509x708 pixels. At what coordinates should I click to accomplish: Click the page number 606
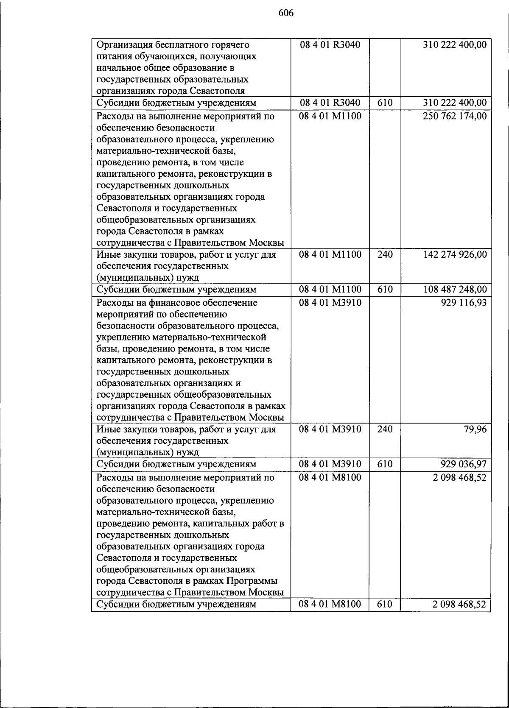coord(286,13)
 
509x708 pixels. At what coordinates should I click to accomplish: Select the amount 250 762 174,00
coord(455,116)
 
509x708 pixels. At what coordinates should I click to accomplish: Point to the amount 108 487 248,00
coord(455,290)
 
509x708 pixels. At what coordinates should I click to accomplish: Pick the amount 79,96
coord(475,429)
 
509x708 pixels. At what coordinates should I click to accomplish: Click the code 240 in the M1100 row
coord(385,255)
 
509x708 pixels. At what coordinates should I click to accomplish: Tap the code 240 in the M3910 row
coord(385,429)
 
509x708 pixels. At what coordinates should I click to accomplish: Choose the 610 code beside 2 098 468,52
coord(385,604)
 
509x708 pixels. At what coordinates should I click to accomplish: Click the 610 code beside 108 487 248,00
coord(385,290)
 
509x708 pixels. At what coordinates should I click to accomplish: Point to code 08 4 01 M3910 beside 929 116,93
coord(330,303)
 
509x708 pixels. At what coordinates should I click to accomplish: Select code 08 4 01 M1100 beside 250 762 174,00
coord(330,116)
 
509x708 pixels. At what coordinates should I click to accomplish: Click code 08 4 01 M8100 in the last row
coord(330,604)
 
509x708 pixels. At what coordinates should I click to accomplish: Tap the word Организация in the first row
coord(123,45)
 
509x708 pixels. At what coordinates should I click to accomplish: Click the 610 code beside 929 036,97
coord(385,464)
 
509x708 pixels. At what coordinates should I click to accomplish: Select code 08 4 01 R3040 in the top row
coord(330,45)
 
